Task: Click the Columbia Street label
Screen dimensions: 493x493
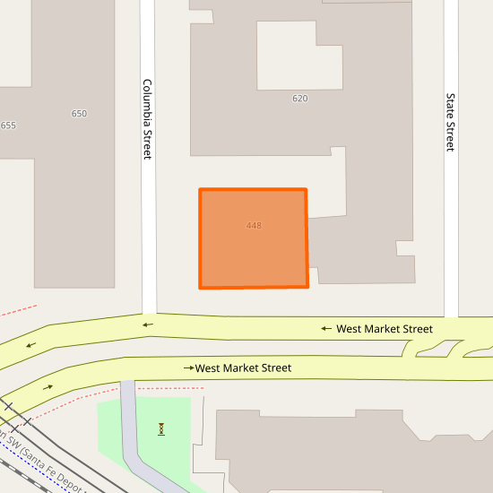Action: [x=148, y=119]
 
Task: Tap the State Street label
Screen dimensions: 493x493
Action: [x=451, y=123]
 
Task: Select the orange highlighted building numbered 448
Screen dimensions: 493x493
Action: [x=253, y=238]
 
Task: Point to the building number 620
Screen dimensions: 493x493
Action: [x=300, y=99]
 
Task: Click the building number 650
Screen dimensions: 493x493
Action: [x=79, y=114]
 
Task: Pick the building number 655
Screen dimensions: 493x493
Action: [x=8, y=125]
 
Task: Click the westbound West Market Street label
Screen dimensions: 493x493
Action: [x=384, y=329]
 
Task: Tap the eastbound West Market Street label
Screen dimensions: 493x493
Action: [x=243, y=368]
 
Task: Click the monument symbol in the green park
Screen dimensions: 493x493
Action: [x=161, y=428]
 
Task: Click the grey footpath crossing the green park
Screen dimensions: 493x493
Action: [x=132, y=439]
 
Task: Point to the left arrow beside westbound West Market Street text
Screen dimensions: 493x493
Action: [x=327, y=329]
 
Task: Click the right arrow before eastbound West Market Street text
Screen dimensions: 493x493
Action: [x=189, y=368]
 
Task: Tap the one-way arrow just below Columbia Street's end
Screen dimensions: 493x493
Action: [x=148, y=324]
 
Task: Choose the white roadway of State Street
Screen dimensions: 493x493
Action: [x=451, y=233]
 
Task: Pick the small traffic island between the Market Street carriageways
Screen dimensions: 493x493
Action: [x=434, y=350]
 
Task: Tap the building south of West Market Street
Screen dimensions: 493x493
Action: [x=359, y=453]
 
